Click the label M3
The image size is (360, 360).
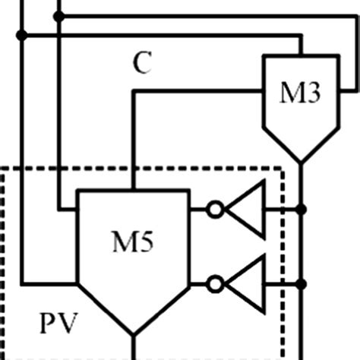(302, 94)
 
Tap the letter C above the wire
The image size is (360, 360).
(142, 65)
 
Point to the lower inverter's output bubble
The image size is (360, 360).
(216, 284)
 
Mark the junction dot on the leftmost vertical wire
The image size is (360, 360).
(22, 35)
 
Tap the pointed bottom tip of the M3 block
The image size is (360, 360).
(302, 162)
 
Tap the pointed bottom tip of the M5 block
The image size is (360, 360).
(134, 335)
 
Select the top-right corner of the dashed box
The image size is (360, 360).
(283, 169)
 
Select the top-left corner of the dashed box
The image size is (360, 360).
(4, 169)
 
